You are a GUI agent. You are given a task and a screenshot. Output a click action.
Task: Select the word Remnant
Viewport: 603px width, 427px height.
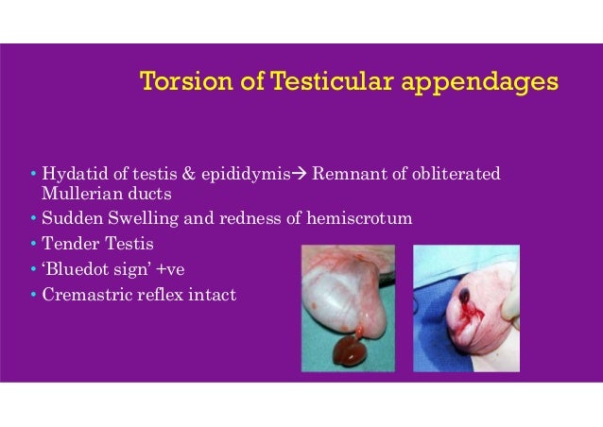(x=344, y=175)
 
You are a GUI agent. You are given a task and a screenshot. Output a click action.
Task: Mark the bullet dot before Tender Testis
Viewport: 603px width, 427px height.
(x=33, y=245)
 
